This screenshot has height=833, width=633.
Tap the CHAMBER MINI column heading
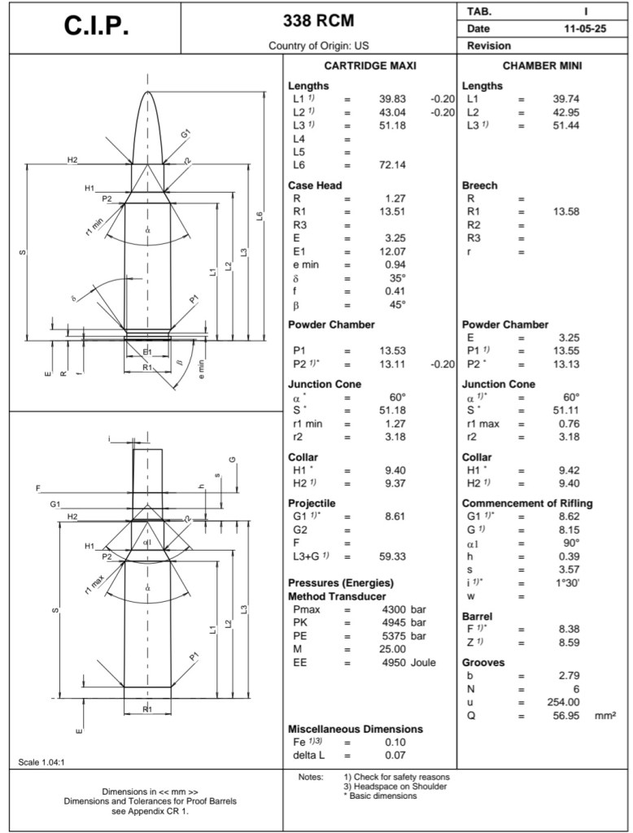click(542, 65)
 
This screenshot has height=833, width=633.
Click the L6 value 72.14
click(392, 164)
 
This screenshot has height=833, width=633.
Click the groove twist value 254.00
click(561, 702)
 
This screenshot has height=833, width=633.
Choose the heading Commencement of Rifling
click(527, 504)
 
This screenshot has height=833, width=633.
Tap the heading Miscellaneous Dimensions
click(356, 729)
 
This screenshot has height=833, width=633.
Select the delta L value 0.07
click(395, 755)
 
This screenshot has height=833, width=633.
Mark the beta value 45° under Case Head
click(396, 305)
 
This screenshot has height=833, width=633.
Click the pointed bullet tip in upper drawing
click(147, 93)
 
